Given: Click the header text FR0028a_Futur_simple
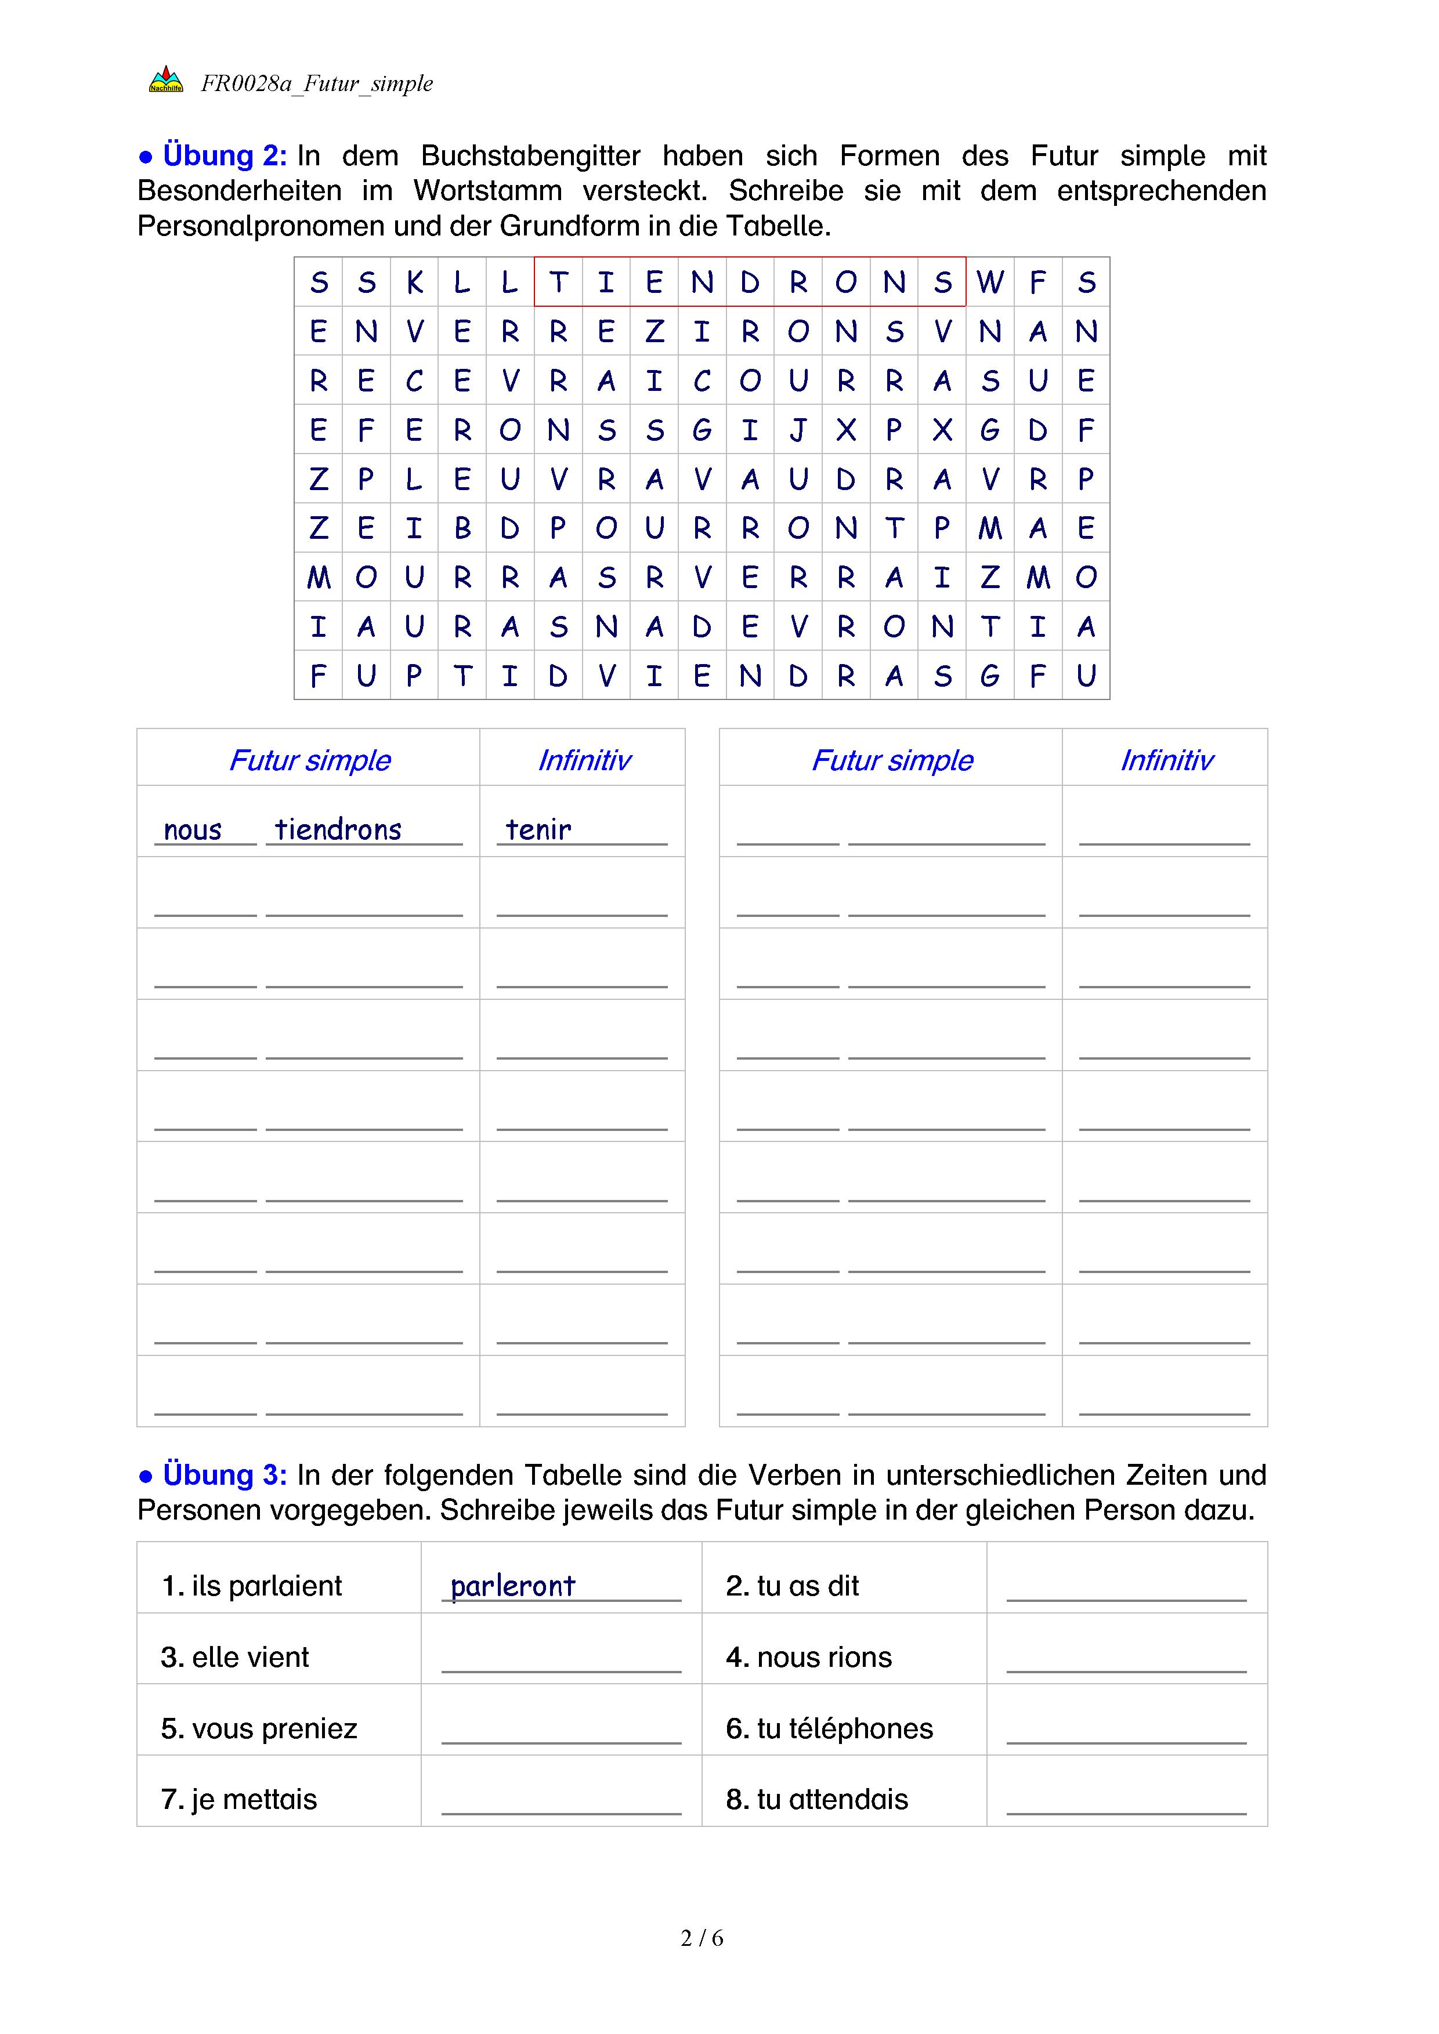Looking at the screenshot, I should coord(316,84).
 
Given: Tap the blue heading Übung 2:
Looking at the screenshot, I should coord(224,156).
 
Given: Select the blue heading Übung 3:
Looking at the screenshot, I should coord(224,1475).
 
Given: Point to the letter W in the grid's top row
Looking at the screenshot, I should coord(990,282).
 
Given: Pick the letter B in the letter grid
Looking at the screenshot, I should coord(462,529).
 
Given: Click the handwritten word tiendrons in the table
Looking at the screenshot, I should coord(338,830).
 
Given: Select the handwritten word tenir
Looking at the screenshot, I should coord(538,830).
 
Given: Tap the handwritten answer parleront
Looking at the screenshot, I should coord(513,1586).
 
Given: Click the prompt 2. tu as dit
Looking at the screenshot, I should coord(792,1586).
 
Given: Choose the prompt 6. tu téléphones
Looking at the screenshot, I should coord(829,1728).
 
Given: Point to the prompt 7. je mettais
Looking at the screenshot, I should coord(238,1799).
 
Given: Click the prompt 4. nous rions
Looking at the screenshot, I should coord(808,1658).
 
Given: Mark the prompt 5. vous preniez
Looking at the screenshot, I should coord(259,1728).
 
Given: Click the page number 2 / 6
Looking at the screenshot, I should coord(702,1938).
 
